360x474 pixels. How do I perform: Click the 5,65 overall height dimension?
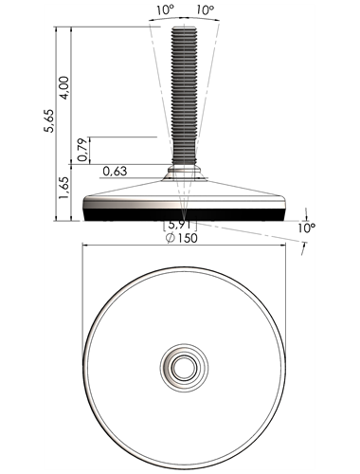click(x=49, y=120)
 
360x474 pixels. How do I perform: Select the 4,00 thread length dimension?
click(x=64, y=88)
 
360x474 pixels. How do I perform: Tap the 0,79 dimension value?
click(x=82, y=150)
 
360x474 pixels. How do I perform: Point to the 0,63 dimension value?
click(x=115, y=172)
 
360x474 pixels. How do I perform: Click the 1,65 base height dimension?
click(x=64, y=188)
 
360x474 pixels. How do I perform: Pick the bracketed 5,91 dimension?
click(x=180, y=225)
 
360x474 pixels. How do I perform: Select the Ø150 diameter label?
click(x=182, y=238)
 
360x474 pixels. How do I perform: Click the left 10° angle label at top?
click(x=166, y=10)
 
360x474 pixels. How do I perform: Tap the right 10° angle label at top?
click(x=206, y=10)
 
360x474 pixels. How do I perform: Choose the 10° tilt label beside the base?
click(x=307, y=228)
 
